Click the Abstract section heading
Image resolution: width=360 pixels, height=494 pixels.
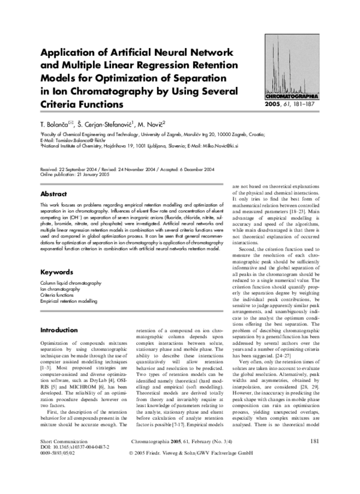click(53, 195)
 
